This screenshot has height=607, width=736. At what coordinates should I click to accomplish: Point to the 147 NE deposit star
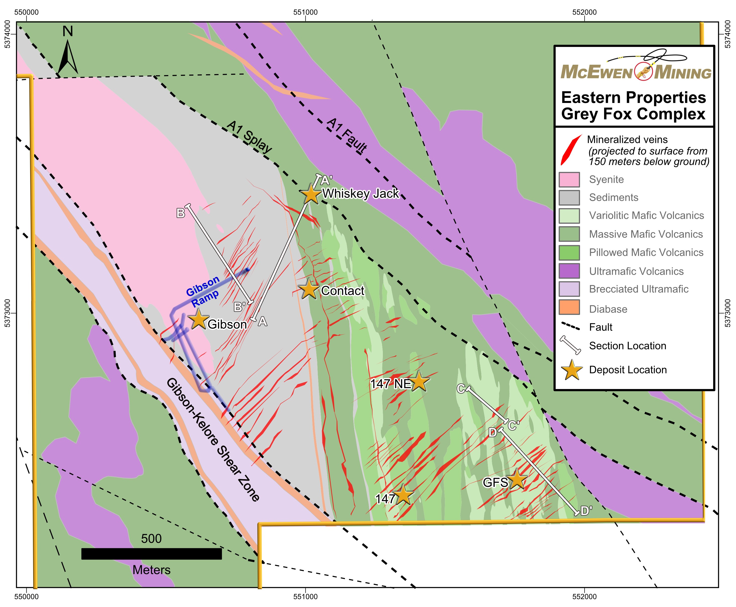[419, 381]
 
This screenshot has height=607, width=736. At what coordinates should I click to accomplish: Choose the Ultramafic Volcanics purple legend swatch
[569, 271]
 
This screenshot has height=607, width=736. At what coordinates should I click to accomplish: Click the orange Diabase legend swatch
[569, 307]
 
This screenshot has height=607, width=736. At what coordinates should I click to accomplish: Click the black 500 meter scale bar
[151, 554]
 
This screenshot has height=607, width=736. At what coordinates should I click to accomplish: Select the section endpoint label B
[180, 213]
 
